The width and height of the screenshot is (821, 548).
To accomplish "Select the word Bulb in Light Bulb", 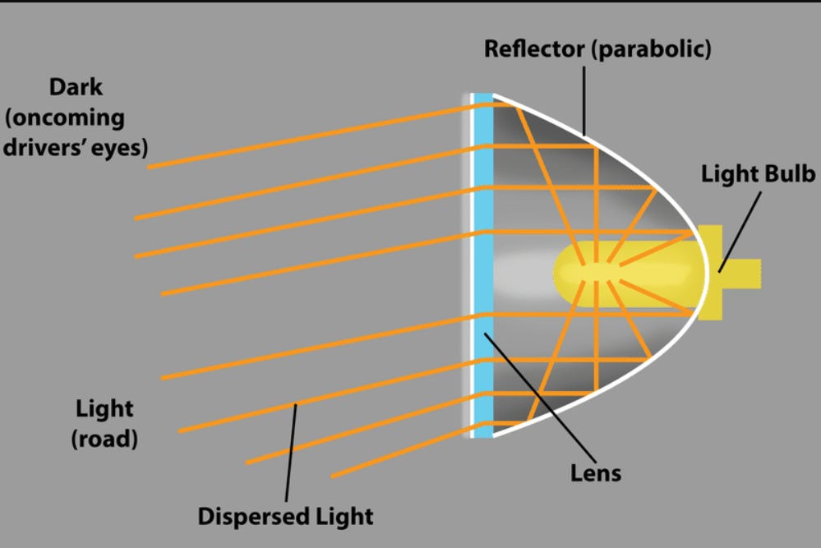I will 789,174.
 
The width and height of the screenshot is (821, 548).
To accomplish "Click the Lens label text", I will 596,472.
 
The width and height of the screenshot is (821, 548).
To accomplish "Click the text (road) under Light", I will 104,439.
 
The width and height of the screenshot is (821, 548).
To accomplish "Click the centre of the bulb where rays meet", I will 591,270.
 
